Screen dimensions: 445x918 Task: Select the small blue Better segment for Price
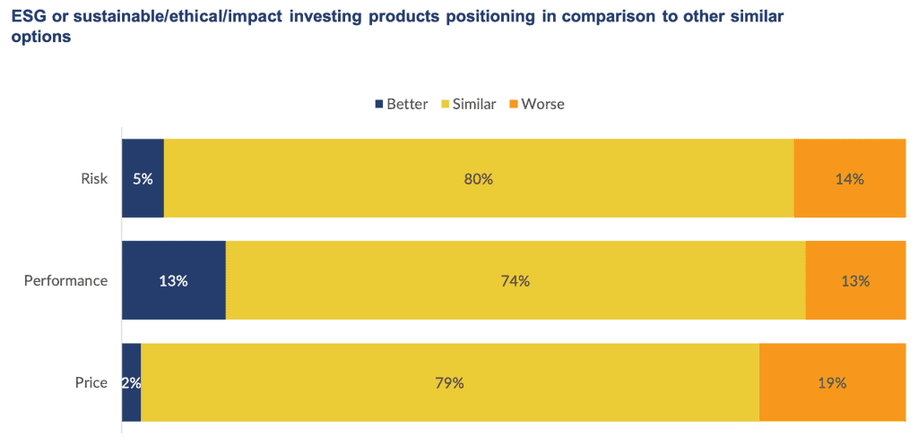132,403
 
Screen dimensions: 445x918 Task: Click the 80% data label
479,179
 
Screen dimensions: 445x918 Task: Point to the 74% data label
515,281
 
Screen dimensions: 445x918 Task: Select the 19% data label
832,383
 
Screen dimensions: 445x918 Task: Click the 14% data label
849,179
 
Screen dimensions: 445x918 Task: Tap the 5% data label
143,179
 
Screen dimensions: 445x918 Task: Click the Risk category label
94,179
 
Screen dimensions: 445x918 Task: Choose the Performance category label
65,281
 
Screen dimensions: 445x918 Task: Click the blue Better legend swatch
378,104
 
